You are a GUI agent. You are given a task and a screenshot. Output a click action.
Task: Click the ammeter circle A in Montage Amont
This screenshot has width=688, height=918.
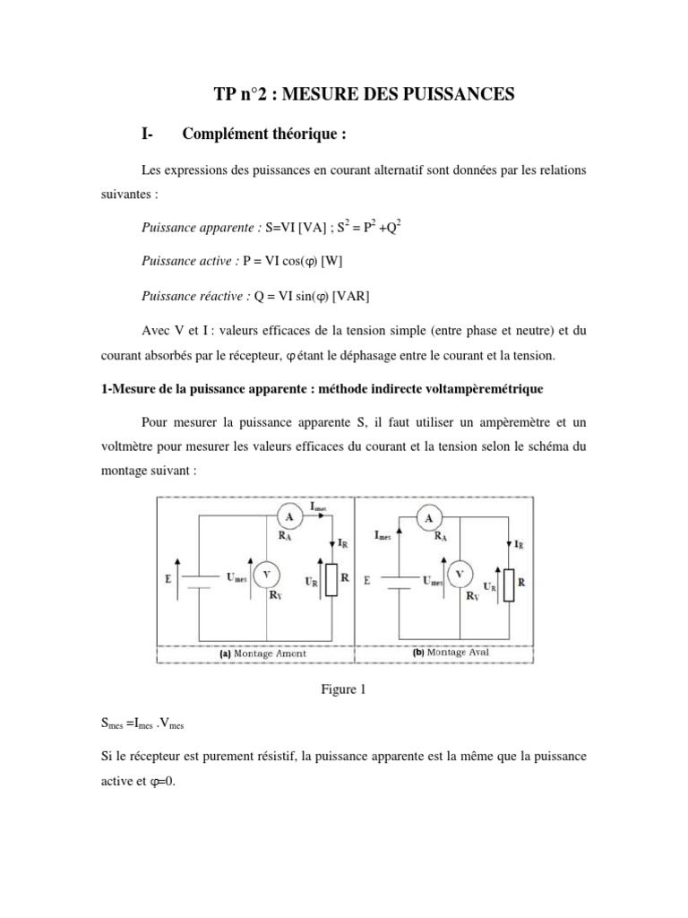click(x=288, y=517)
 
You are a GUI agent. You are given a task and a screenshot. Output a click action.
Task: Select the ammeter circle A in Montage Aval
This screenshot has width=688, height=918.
click(x=430, y=518)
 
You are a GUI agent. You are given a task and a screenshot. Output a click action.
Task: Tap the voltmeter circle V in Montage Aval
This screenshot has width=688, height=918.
click(x=460, y=574)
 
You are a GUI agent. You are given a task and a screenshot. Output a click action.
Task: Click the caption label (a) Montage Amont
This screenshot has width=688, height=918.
click(x=262, y=654)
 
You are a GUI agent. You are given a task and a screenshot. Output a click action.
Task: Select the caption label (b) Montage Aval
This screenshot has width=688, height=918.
click(x=451, y=653)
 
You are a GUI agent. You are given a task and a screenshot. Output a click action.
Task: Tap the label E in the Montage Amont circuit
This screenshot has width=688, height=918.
click(x=168, y=580)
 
